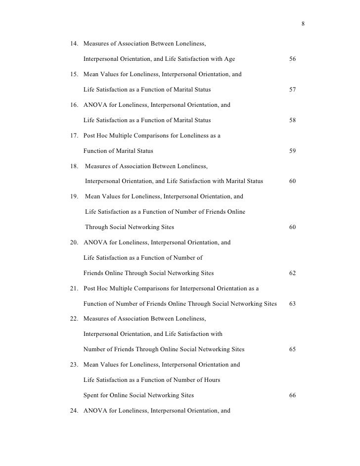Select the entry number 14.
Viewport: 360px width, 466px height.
point(76,44)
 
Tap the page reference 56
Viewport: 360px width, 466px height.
point(292,59)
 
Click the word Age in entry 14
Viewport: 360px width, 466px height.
point(229,59)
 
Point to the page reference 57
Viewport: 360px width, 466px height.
point(292,90)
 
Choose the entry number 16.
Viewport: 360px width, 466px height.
point(76,105)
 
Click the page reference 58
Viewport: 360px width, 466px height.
point(292,120)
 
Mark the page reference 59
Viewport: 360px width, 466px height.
point(292,151)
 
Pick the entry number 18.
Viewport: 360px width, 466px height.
point(76,166)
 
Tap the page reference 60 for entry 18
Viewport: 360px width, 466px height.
point(292,181)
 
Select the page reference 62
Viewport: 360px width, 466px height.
point(292,273)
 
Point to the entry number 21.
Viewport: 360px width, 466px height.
point(76,288)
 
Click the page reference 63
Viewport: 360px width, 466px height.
point(292,304)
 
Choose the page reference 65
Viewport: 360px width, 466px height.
point(292,349)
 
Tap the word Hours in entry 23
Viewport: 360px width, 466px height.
point(211,380)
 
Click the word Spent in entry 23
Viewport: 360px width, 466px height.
point(91,395)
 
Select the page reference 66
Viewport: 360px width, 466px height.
point(292,395)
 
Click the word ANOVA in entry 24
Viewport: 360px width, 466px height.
point(94,410)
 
